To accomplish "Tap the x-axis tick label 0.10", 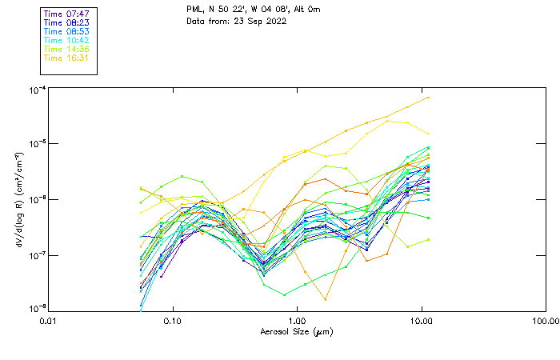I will [x=173, y=321].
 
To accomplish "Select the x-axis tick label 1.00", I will [x=297, y=321].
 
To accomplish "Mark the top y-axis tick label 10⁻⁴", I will [x=37, y=90].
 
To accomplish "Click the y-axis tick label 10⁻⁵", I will [x=37, y=144].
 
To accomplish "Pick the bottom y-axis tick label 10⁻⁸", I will [x=37, y=309].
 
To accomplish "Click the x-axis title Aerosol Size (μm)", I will [x=296, y=331].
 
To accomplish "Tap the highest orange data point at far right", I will [x=429, y=98].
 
